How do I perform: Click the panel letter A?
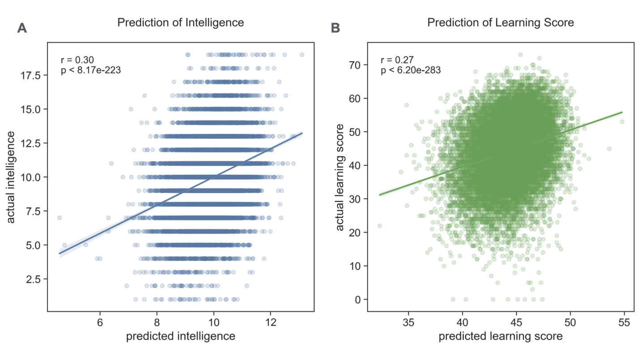click(x=22, y=28)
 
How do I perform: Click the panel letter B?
click(x=335, y=28)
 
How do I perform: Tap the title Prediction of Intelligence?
click(x=180, y=22)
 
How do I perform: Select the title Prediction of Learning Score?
click(x=500, y=22)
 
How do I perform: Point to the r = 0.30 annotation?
click(x=77, y=60)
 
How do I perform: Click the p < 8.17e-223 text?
click(x=90, y=70)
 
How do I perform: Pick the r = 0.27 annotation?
click(x=397, y=60)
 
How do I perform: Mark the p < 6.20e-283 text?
click(x=411, y=70)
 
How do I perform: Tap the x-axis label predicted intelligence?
click(x=180, y=336)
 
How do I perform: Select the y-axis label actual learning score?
click(x=340, y=177)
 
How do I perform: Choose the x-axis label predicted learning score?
click(x=500, y=336)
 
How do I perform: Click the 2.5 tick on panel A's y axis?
click(x=34, y=279)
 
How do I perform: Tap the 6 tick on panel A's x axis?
click(x=100, y=321)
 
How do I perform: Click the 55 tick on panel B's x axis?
click(x=624, y=321)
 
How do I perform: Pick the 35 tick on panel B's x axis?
click(x=408, y=321)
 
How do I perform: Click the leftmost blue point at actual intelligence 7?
click(x=60, y=218)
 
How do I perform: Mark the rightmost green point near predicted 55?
click(x=622, y=121)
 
